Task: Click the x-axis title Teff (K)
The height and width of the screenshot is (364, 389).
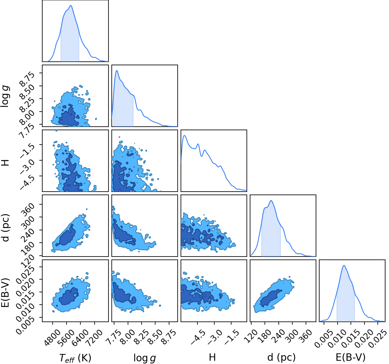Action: coord(75,358)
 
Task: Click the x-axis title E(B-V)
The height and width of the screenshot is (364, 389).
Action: coord(351,357)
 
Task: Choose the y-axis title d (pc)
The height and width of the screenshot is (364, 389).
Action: coord(6,228)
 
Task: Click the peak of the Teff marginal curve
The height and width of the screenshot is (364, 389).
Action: coord(71,6)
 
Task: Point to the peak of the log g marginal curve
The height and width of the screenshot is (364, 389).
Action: coord(117,71)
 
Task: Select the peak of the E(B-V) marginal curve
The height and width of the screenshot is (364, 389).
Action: coord(344,265)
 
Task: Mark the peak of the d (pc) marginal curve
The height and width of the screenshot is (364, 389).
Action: coord(271,200)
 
